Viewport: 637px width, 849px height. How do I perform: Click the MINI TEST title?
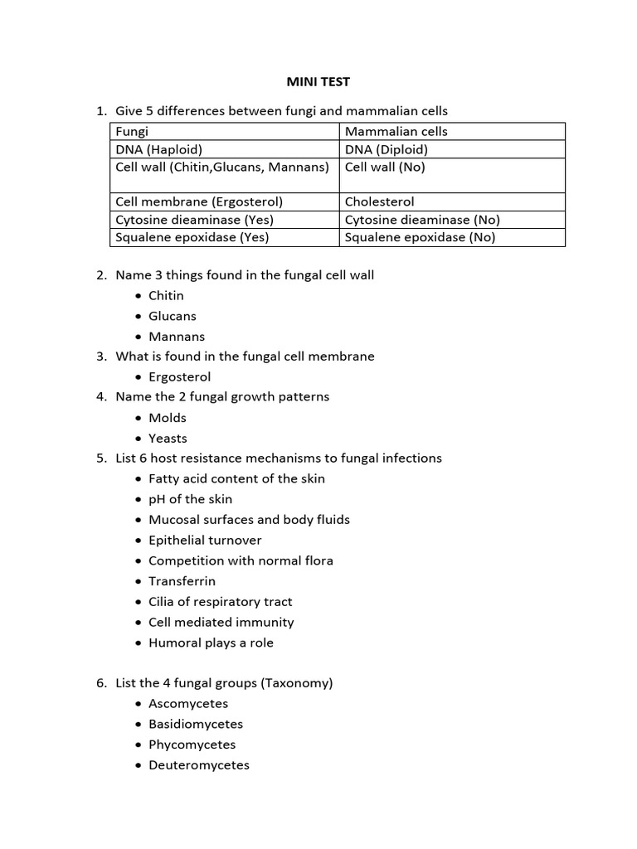click(318, 82)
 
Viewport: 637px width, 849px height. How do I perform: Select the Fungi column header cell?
click(132, 132)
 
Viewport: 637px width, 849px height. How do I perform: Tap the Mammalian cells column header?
click(396, 132)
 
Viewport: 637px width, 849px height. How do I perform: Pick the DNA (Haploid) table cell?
click(158, 150)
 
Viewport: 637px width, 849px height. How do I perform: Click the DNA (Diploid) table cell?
click(387, 150)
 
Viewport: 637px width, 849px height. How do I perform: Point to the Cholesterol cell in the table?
click(379, 201)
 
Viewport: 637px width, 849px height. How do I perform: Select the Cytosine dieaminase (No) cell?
click(422, 220)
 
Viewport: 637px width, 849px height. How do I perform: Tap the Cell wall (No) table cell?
click(385, 167)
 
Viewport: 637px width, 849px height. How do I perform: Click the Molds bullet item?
click(168, 418)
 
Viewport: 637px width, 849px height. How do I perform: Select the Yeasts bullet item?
click(168, 439)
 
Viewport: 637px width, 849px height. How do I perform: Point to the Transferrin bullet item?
click(182, 581)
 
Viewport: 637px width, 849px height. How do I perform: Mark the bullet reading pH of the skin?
click(190, 499)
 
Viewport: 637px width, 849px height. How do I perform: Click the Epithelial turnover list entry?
click(205, 540)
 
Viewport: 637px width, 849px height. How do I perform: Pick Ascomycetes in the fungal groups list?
click(188, 704)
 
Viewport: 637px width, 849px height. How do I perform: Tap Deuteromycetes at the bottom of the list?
click(198, 765)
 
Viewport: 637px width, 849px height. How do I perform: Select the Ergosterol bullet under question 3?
click(179, 377)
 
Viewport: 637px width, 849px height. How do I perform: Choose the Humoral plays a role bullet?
click(211, 643)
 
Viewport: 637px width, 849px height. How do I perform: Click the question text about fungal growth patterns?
click(222, 397)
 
